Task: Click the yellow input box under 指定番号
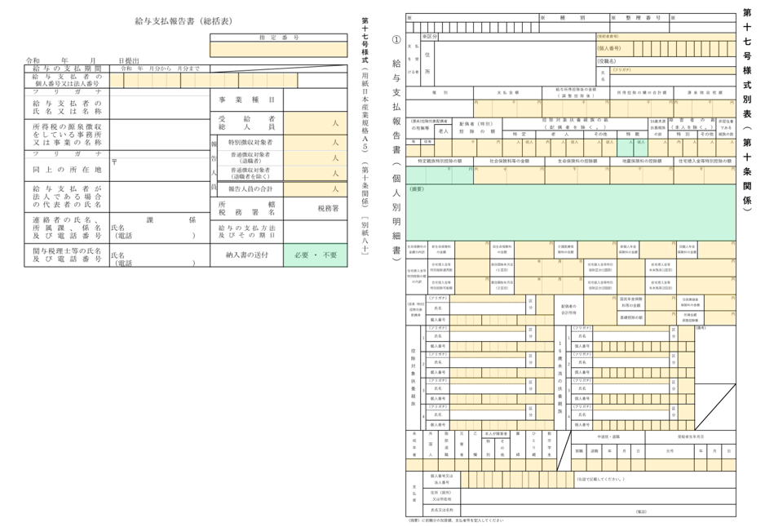coord(278,49)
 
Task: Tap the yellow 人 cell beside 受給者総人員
coord(315,122)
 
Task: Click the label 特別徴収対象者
coord(250,142)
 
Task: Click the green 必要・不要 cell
coord(315,255)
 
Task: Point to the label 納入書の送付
coord(246,255)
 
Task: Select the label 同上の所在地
coord(67,170)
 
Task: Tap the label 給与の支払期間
coord(67,69)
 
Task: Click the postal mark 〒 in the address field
coord(115,162)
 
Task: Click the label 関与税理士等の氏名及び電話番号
coord(67,255)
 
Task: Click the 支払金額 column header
coord(508,93)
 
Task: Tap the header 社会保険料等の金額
coord(507,162)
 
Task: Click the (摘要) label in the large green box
coord(417,188)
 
